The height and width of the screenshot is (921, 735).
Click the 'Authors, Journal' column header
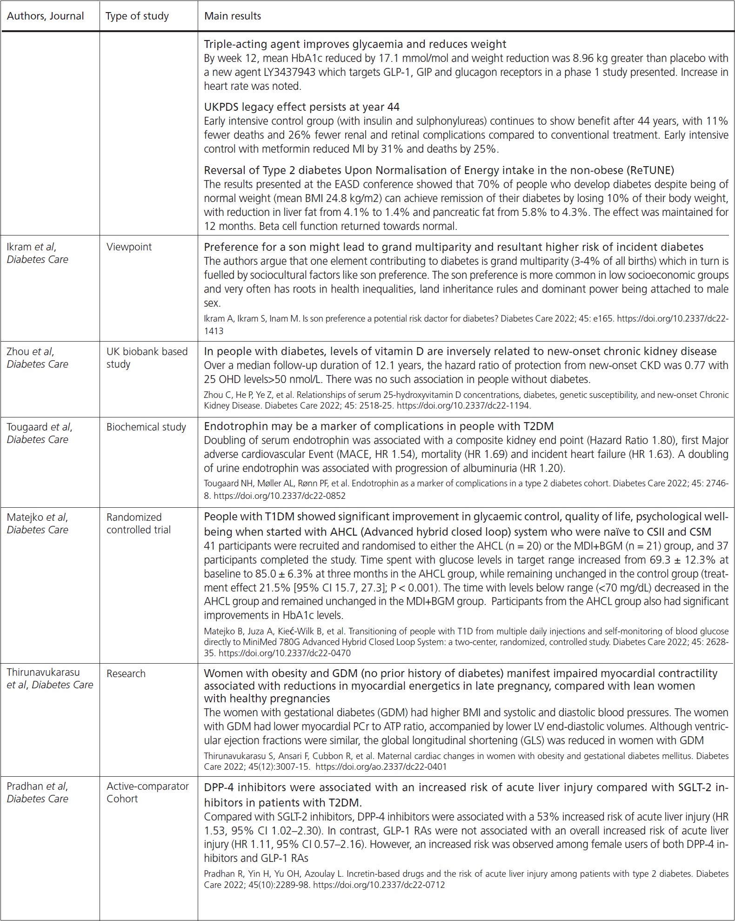pos(45,16)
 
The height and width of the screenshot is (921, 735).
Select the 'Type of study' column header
pos(137,16)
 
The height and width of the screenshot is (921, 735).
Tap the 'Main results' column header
pos(233,16)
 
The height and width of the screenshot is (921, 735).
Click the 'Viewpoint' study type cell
pos(129,247)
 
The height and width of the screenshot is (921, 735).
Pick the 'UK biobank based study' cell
pos(147,357)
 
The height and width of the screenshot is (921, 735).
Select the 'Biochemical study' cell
pos(146,427)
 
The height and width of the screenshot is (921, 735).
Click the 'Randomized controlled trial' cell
pos(138,524)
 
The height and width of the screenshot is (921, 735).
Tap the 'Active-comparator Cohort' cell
pos(147,792)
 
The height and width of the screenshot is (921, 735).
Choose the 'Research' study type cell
pos(126,673)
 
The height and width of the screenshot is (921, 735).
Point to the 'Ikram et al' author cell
pos(37,253)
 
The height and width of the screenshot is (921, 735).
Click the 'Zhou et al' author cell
pos(37,357)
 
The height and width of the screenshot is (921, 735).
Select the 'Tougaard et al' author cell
pos(40,433)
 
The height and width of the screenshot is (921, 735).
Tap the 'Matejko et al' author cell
pos(37,524)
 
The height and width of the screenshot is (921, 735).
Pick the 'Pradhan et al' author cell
pos(37,792)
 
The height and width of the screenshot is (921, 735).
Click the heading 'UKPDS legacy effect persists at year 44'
pos(301,107)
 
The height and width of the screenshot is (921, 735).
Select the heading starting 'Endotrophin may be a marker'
pos(379,426)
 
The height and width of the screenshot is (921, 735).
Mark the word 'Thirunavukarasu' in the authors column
pos(43,672)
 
